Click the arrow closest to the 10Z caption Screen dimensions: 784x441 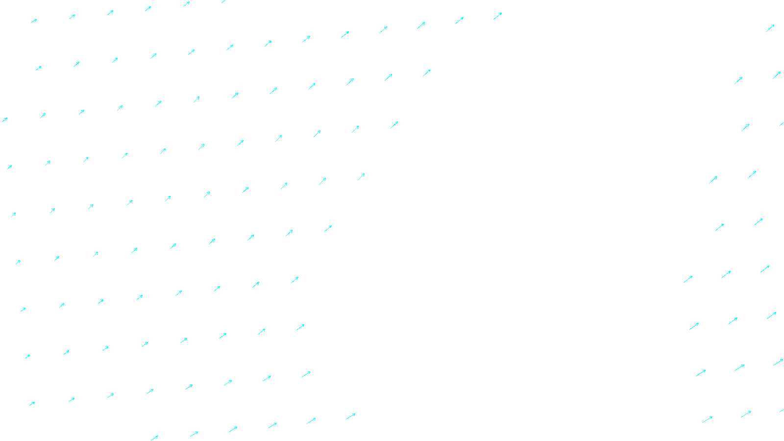[x=350, y=416]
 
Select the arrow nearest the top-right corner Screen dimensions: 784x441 [x=770, y=28]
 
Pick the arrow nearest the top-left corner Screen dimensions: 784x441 [x=34, y=21]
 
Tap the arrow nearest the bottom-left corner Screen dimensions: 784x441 [x=32, y=404]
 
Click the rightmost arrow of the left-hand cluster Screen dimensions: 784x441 [x=497, y=16]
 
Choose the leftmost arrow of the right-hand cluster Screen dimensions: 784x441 [x=688, y=279]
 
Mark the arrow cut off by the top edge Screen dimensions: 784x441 [x=224, y=1]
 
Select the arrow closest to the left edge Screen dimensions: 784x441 [x=4, y=120]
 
